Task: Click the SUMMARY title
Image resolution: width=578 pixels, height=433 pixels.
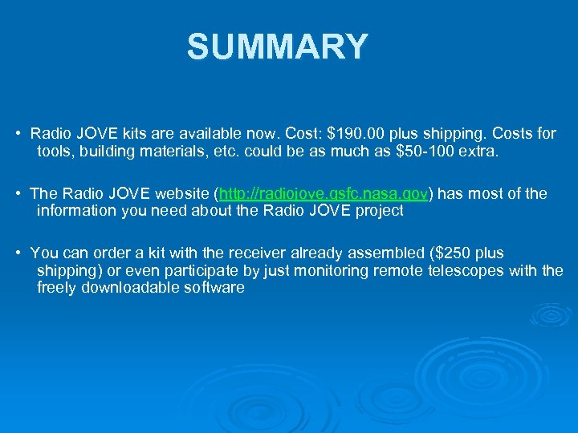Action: (x=277, y=47)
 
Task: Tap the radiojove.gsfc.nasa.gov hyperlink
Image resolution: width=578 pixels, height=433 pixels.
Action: (x=324, y=194)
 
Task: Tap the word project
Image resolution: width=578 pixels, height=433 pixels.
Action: (x=378, y=211)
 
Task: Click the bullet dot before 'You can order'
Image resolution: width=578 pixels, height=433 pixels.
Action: (x=18, y=253)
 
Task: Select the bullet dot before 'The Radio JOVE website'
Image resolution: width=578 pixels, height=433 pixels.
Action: (x=18, y=194)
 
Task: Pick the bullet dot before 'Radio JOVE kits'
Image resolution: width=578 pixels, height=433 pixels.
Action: (x=18, y=133)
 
